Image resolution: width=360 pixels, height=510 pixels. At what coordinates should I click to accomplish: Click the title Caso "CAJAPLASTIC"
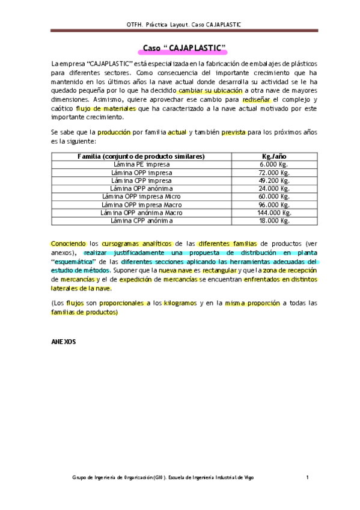[x=184, y=48]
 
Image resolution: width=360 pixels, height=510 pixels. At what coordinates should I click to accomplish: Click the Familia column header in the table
[x=141, y=156]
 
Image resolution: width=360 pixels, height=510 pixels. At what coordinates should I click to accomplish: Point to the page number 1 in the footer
[x=307, y=478]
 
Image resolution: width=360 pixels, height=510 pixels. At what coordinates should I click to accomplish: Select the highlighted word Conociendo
[x=69, y=244]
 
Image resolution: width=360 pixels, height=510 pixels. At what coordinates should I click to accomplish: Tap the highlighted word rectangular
[x=220, y=271]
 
